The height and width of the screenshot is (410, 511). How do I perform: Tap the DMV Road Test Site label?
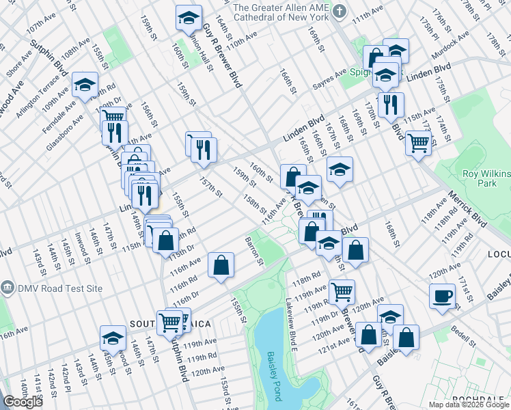(57, 288)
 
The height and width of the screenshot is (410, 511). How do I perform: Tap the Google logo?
(23, 402)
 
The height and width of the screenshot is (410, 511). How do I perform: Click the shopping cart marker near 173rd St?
(417, 143)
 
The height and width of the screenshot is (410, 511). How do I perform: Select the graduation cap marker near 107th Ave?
(85, 85)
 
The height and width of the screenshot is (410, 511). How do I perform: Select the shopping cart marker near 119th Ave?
(342, 291)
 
